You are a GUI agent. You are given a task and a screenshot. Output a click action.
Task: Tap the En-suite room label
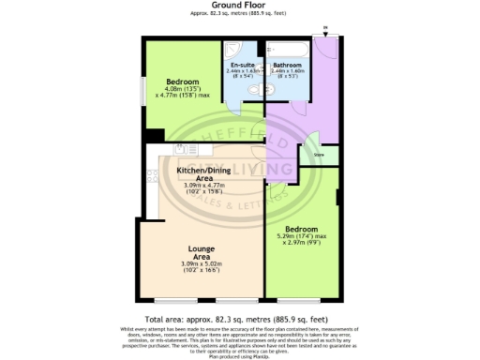click(243, 65)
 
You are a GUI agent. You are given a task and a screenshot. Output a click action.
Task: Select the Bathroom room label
click(288, 65)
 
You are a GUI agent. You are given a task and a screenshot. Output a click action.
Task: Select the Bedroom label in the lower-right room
click(302, 229)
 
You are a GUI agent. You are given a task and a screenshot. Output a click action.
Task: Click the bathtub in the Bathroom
click(287, 47)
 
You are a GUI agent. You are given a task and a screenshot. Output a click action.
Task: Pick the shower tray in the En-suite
click(242, 47)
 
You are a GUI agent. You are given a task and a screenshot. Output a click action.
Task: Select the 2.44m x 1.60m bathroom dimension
click(288, 71)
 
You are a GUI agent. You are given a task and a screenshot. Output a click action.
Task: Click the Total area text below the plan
click(239, 320)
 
